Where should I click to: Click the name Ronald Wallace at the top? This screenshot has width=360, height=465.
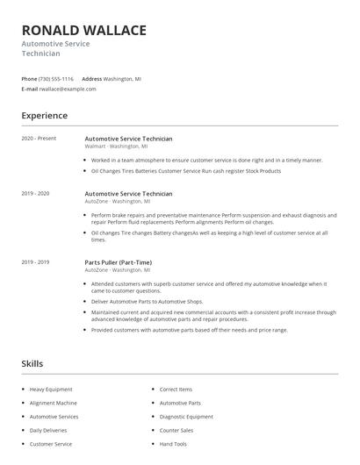pyautogui.click(x=84, y=31)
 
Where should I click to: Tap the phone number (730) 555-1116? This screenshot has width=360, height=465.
pyautogui.click(x=57, y=78)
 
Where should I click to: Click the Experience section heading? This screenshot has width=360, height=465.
pyautogui.click(x=44, y=116)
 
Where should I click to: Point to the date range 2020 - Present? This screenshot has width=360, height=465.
pyautogui.click(x=39, y=139)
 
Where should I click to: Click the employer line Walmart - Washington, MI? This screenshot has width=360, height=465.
pyautogui.click(x=117, y=147)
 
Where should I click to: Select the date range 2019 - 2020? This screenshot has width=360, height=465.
pyautogui.click(x=36, y=193)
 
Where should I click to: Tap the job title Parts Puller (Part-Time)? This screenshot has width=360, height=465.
pyautogui.click(x=119, y=262)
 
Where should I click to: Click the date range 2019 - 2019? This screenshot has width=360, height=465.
pyautogui.click(x=36, y=262)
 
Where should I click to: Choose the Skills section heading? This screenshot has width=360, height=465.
pyautogui.click(x=32, y=362)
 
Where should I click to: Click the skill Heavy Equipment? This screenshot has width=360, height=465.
pyautogui.click(x=50, y=389)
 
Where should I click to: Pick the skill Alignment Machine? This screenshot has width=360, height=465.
pyautogui.click(x=53, y=403)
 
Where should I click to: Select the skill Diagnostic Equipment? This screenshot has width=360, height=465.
pyautogui.click(x=186, y=417)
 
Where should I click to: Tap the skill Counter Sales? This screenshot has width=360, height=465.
pyautogui.click(x=176, y=431)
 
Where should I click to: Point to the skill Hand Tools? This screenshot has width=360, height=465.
pyautogui.click(x=173, y=445)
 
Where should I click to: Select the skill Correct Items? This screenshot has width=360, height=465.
pyautogui.click(x=176, y=389)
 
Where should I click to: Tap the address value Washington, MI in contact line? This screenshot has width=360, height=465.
pyautogui.click(x=122, y=78)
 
